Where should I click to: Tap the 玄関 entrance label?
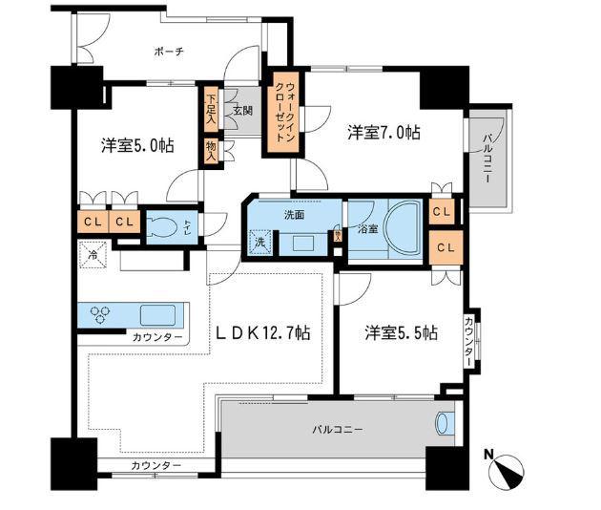(x=241, y=111)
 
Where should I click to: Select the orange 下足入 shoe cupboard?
(x=211, y=108)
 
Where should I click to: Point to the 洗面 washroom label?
(x=294, y=215)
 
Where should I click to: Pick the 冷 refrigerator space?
(x=93, y=255)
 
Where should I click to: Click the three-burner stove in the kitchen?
(x=102, y=314)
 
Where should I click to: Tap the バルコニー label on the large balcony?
(x=335, y=431)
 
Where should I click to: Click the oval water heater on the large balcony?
(x=444, y=423)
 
